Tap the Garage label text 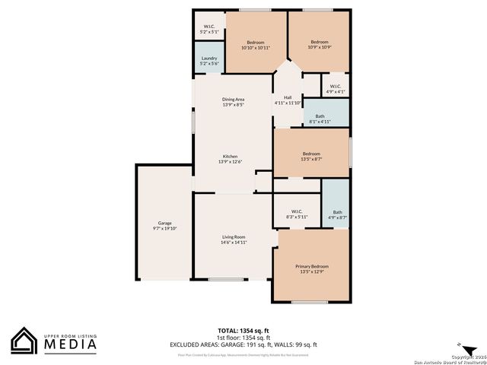point(163,223)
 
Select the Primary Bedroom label point(312,266)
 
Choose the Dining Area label point(233,100)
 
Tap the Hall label point(288,97)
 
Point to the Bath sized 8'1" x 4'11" point(320,116)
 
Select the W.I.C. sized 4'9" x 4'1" point(336,86)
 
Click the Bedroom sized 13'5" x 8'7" point(311,154)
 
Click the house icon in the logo point(24,341)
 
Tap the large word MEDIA point(69,345)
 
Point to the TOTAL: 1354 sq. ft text point(243,331)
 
